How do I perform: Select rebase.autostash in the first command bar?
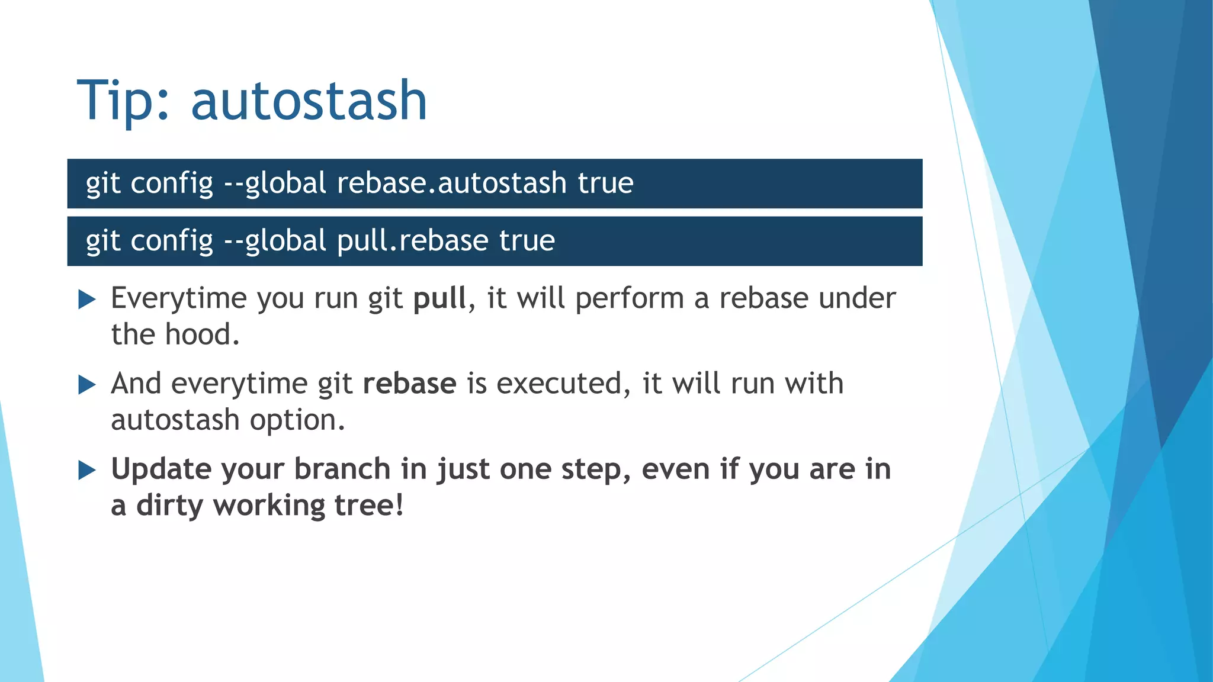452,183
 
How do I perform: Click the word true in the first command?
605,183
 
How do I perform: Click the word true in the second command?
527,241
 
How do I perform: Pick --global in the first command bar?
275,183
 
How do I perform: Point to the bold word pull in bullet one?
439,298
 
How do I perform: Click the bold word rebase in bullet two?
409,384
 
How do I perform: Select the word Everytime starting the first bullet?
178,298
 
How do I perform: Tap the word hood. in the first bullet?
202,334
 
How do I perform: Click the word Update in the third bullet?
161,469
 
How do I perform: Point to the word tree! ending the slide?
368,506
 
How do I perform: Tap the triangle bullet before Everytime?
86,300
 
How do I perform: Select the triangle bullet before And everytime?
86,385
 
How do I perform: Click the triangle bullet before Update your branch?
86,471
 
